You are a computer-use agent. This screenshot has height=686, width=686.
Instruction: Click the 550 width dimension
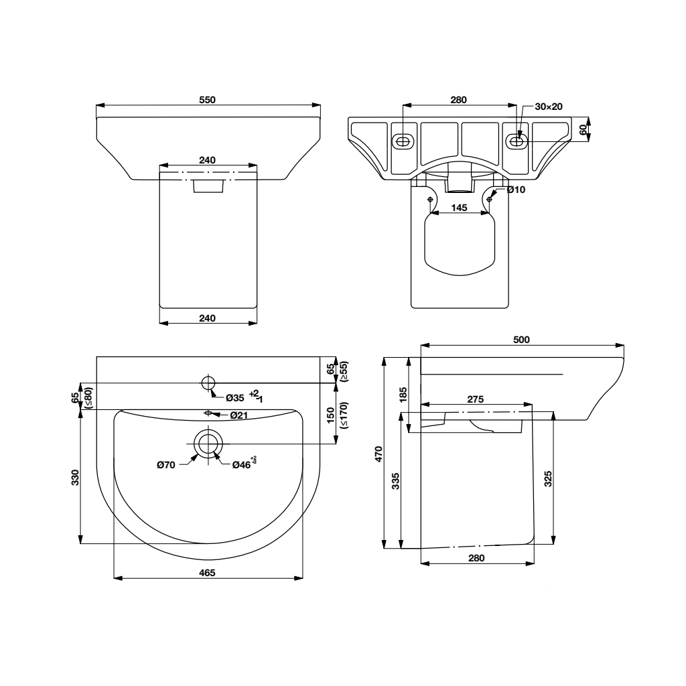pos(208,99)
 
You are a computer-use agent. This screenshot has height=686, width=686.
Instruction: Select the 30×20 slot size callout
pos(548,107)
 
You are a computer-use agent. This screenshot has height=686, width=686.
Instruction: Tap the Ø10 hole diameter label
pos(515,190)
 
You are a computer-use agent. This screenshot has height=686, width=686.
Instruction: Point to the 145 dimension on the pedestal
pos(459,208)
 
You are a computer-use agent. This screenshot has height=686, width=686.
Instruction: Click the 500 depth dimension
pos(521,340)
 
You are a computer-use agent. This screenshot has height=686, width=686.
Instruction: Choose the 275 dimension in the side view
pos(475,399)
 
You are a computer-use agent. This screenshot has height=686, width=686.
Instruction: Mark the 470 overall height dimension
pos(378,454)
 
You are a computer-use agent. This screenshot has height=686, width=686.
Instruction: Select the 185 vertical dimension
pos(403,395)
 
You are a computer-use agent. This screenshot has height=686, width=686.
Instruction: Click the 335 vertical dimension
pos(395,481)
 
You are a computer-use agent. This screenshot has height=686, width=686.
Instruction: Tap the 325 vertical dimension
pos(548,480)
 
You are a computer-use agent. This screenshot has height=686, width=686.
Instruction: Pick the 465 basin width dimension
pos(207,571)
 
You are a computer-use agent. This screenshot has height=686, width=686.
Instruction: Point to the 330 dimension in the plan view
pos(75,476)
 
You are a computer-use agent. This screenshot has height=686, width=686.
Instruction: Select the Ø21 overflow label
pos(240,416)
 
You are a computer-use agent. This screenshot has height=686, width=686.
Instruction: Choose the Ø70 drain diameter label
pos(166,464)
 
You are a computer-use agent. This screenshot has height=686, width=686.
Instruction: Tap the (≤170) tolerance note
pos(343,415)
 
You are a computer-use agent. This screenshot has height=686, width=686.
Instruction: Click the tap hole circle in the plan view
pos(208,383)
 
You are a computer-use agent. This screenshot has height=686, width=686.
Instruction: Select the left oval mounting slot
pos(402,141)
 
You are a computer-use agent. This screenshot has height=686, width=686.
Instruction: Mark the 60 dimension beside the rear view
pos(582,129)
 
